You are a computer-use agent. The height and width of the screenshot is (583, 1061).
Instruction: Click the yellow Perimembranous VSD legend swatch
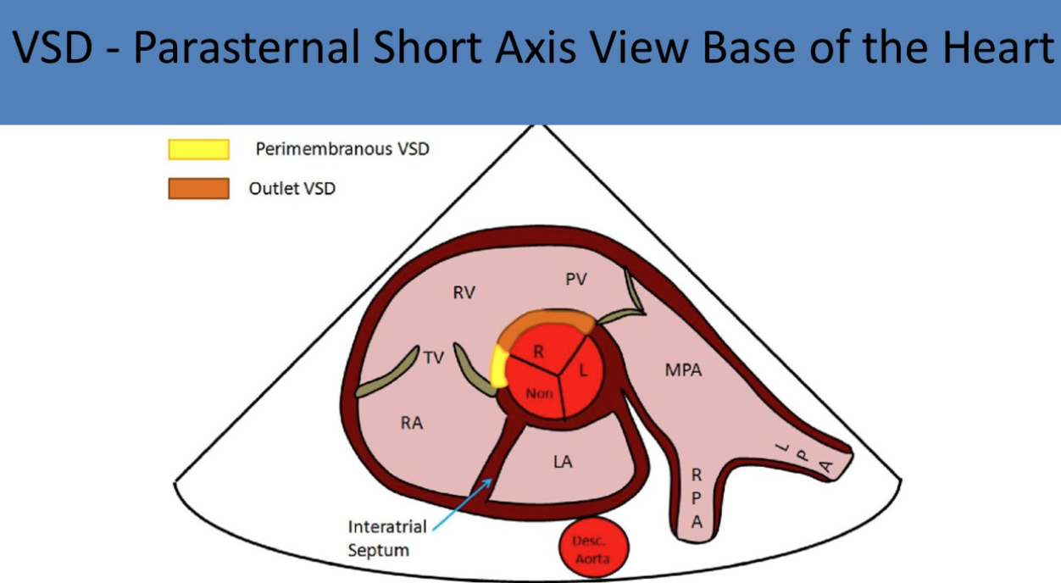point(199,149)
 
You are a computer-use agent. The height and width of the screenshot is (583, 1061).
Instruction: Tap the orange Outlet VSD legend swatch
point(199,188)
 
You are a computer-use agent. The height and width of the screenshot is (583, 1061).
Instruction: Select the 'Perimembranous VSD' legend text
point(342,149)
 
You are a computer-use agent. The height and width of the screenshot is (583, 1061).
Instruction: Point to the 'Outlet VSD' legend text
point(292,188)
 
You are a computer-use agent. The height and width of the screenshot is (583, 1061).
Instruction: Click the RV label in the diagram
point(464,292)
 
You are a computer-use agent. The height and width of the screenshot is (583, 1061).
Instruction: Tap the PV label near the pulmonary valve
point(576,279)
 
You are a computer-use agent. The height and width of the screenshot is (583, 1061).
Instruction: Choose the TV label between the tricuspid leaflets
point(434,358)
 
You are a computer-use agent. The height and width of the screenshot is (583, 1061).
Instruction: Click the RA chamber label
point(412,423)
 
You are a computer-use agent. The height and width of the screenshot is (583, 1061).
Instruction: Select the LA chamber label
point(563,462)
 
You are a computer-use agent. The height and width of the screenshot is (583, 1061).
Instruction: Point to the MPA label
point(683,369)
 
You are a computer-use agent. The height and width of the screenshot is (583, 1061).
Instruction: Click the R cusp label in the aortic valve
point(539,352)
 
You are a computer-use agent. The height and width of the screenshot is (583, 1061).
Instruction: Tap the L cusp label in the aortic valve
point(583,369)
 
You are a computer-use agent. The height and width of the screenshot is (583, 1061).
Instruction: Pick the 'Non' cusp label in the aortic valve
point(539,393)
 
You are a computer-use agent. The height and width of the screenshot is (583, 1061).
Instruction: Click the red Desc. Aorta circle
point(594,547)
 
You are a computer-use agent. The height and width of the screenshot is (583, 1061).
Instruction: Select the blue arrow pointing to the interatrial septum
point(463,504)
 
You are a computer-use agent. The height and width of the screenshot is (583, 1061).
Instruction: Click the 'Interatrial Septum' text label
point(387,538)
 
